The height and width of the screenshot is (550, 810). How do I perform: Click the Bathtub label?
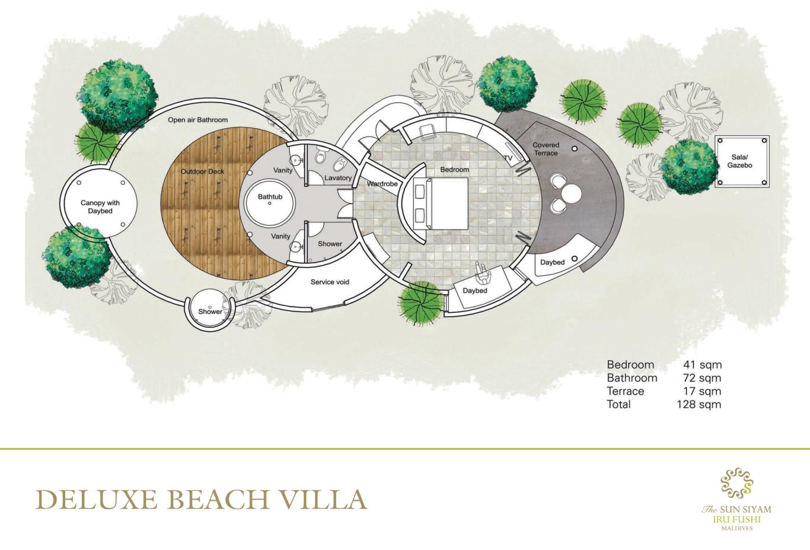click(270, 197)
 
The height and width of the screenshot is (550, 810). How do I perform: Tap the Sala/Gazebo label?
click(739, 161)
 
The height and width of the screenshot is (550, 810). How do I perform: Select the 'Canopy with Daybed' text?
click(100, 207)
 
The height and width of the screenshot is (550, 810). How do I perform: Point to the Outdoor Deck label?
click(203, 171)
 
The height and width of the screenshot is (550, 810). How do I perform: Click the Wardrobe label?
click(382, 184)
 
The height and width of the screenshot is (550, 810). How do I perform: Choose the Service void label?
click(330, 282)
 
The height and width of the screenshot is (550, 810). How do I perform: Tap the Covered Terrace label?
click(546, 149)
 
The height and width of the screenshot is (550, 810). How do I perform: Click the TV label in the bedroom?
click(508, 158)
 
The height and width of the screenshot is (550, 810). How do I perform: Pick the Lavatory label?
click(338, 178)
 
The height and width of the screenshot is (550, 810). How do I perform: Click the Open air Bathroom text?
click(198, 120)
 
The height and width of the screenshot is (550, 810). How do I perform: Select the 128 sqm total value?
click(699, 404)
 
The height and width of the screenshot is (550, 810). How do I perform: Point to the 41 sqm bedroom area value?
click(702, 364)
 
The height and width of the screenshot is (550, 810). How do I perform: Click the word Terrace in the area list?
click(626, 391)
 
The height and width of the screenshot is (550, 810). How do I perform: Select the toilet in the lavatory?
click(320, 157)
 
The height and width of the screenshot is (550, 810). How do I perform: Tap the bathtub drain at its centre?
click(270, 204)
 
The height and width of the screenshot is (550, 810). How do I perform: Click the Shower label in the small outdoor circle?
click(210, 311)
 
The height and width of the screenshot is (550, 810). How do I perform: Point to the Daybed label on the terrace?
click(552, 262)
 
